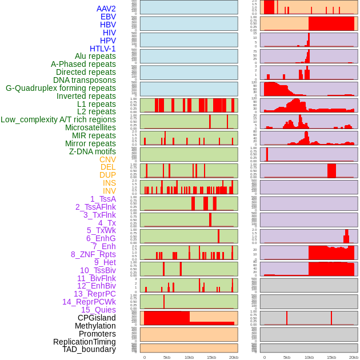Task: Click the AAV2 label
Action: (106, 9)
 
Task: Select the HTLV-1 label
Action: (102, 49)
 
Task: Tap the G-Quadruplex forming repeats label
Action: (61, 88)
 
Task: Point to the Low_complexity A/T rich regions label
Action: (58, 119)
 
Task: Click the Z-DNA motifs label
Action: (92, 151)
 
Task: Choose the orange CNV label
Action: (107, 159)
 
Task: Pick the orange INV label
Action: (109, 191)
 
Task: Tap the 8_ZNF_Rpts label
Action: (93, 254)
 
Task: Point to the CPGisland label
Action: (97, 318)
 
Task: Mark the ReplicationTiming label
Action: (84, 342)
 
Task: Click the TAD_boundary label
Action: (89, 349)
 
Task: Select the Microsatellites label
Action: (90, 127)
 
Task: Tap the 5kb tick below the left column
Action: (167, 358)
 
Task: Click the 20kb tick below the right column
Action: (354, 358)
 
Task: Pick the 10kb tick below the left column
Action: (189, 358)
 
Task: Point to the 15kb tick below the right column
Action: (331, 358)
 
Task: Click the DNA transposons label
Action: (85, 80)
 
